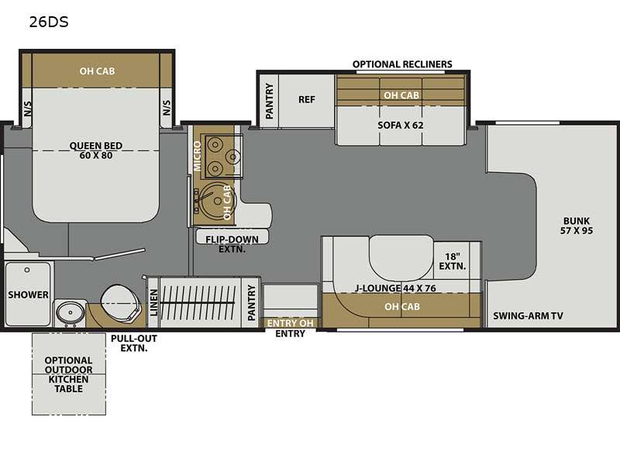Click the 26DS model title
coord(49,22)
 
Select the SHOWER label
coord(29,294)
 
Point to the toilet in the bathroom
coord(120,298)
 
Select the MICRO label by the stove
coord(198,155)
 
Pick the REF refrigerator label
coord(307,99)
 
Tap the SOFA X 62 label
coord(400,124)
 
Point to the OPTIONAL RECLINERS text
coord(402,64)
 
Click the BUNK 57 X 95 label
coord(577,226)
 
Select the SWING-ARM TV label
coord(528,315)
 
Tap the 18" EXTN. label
coord(455,261)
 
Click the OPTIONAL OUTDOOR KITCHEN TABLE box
coord(68,374)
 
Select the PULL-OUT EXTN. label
coord(129,343)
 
